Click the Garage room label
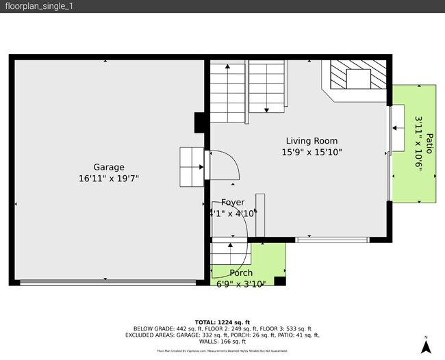pos(109,167)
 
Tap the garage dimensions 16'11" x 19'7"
pos(109,179)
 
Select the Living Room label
pos(311,141)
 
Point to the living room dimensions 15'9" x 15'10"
pos(311,153)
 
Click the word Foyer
pos(233,203)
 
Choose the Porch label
pos(240,272)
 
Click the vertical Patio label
pos(429,143)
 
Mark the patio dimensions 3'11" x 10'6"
pos(418,143)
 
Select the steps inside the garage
pos(192,166)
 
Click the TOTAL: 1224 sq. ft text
pos(222,322)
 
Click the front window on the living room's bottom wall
pos(332,240)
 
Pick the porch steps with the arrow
pos(230,252)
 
